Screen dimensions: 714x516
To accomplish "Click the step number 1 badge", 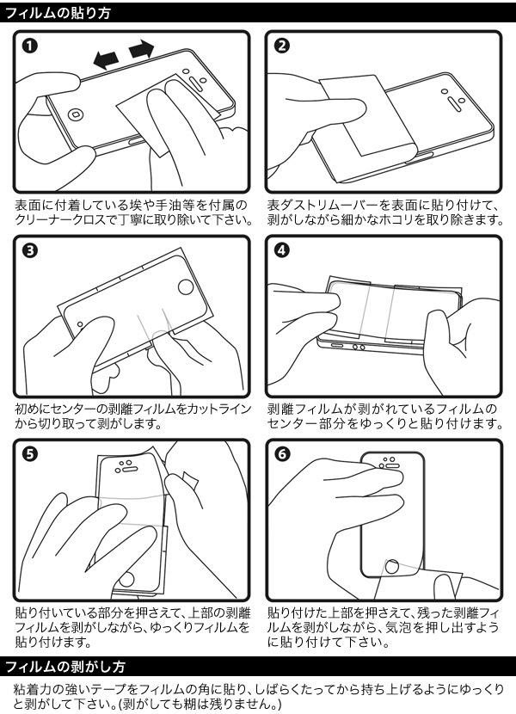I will pos(31,46).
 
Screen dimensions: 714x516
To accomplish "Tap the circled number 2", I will pos(282,46).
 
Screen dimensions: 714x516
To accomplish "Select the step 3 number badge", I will pos(31,251).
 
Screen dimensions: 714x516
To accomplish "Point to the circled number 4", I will pos(282,251).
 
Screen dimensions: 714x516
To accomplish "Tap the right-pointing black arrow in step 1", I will pos(142,51).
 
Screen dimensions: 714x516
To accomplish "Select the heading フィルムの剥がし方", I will pos(65,667).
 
